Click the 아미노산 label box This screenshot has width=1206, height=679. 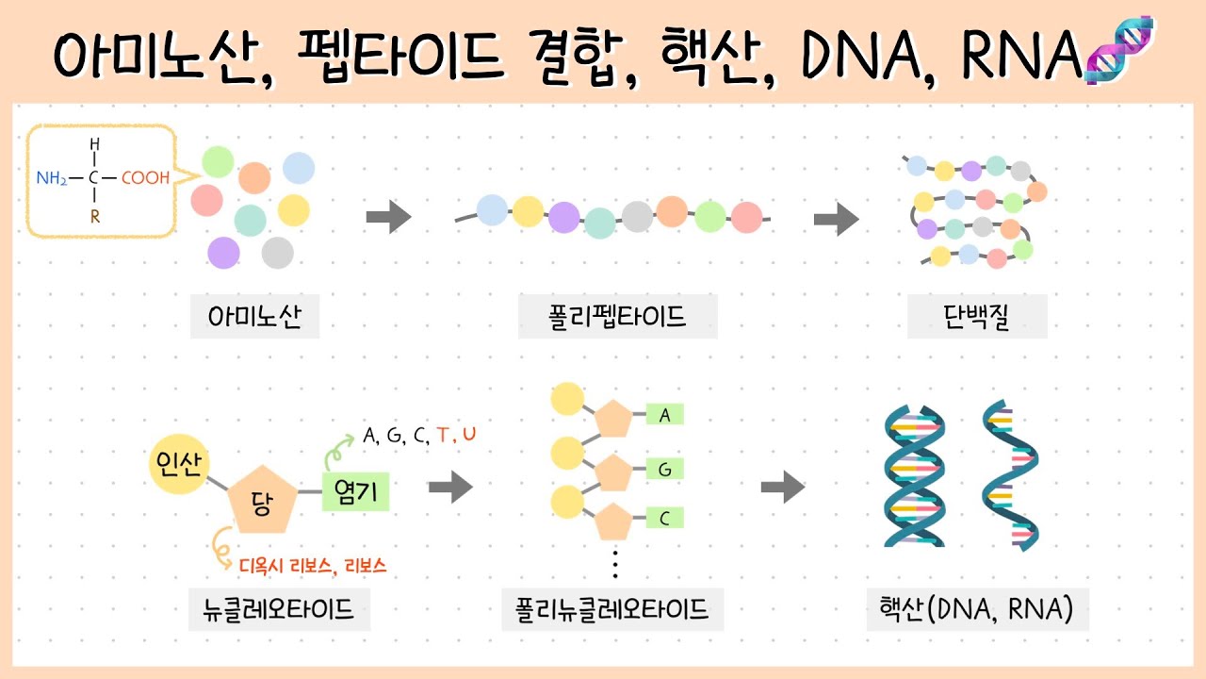[254, 318]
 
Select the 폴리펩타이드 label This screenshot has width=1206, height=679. [617, 318]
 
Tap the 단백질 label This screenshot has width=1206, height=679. [977, 318]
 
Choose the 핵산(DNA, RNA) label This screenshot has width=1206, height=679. [977, 609]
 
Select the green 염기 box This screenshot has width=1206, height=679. [355, 491]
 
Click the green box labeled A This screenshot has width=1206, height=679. [664, 414]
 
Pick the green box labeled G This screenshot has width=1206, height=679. [664, 469]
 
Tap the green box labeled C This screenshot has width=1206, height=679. [664, 518]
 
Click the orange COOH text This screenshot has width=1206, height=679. [145, 177]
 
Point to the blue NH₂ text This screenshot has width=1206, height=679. [52, 177]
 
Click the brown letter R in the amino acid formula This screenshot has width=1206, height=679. [94, 216]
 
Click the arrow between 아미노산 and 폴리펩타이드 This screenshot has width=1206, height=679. [388, 218]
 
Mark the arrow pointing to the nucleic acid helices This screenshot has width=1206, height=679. [783, 489]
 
